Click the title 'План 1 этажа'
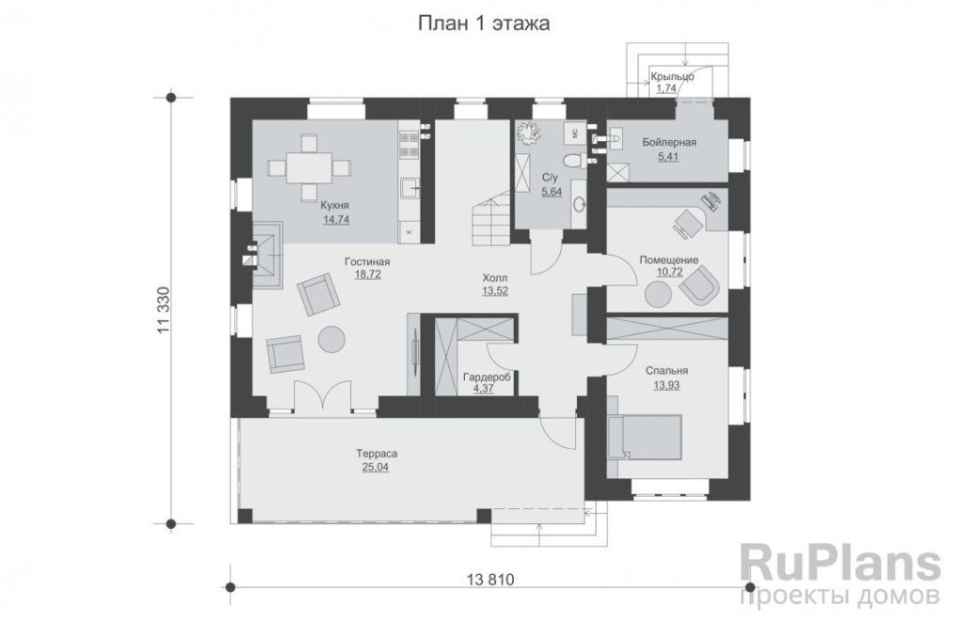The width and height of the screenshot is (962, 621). pos(484,23)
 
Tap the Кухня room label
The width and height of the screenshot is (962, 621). pos(335,206)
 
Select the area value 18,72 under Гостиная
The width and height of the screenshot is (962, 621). pos(367,275)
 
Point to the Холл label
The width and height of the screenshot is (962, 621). pos(495,278)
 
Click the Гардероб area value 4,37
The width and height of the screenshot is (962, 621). pos(484,388)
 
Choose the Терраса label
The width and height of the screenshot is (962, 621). pos(377,454)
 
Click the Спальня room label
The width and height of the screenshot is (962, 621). pos(666,371)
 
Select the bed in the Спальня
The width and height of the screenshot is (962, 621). pos(644,437)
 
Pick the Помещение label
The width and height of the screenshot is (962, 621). pos(669,260)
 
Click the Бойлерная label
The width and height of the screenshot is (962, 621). pos(669,143)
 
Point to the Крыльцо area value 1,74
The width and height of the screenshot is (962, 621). pos(666,89)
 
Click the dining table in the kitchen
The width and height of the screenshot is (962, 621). pos(309,166)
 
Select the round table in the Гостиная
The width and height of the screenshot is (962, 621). pos(332,338)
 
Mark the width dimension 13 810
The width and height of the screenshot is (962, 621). pos(490,580)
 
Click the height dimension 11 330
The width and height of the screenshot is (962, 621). pos(163,310)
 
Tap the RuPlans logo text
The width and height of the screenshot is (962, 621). pos(841,563)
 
